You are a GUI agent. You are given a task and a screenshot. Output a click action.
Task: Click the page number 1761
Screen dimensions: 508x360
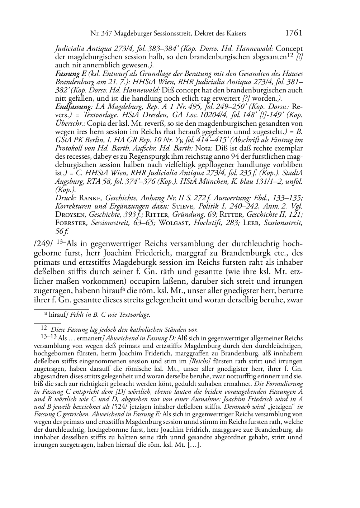(294, 33)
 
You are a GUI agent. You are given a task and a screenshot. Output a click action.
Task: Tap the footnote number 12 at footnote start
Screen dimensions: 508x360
(44, 327)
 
